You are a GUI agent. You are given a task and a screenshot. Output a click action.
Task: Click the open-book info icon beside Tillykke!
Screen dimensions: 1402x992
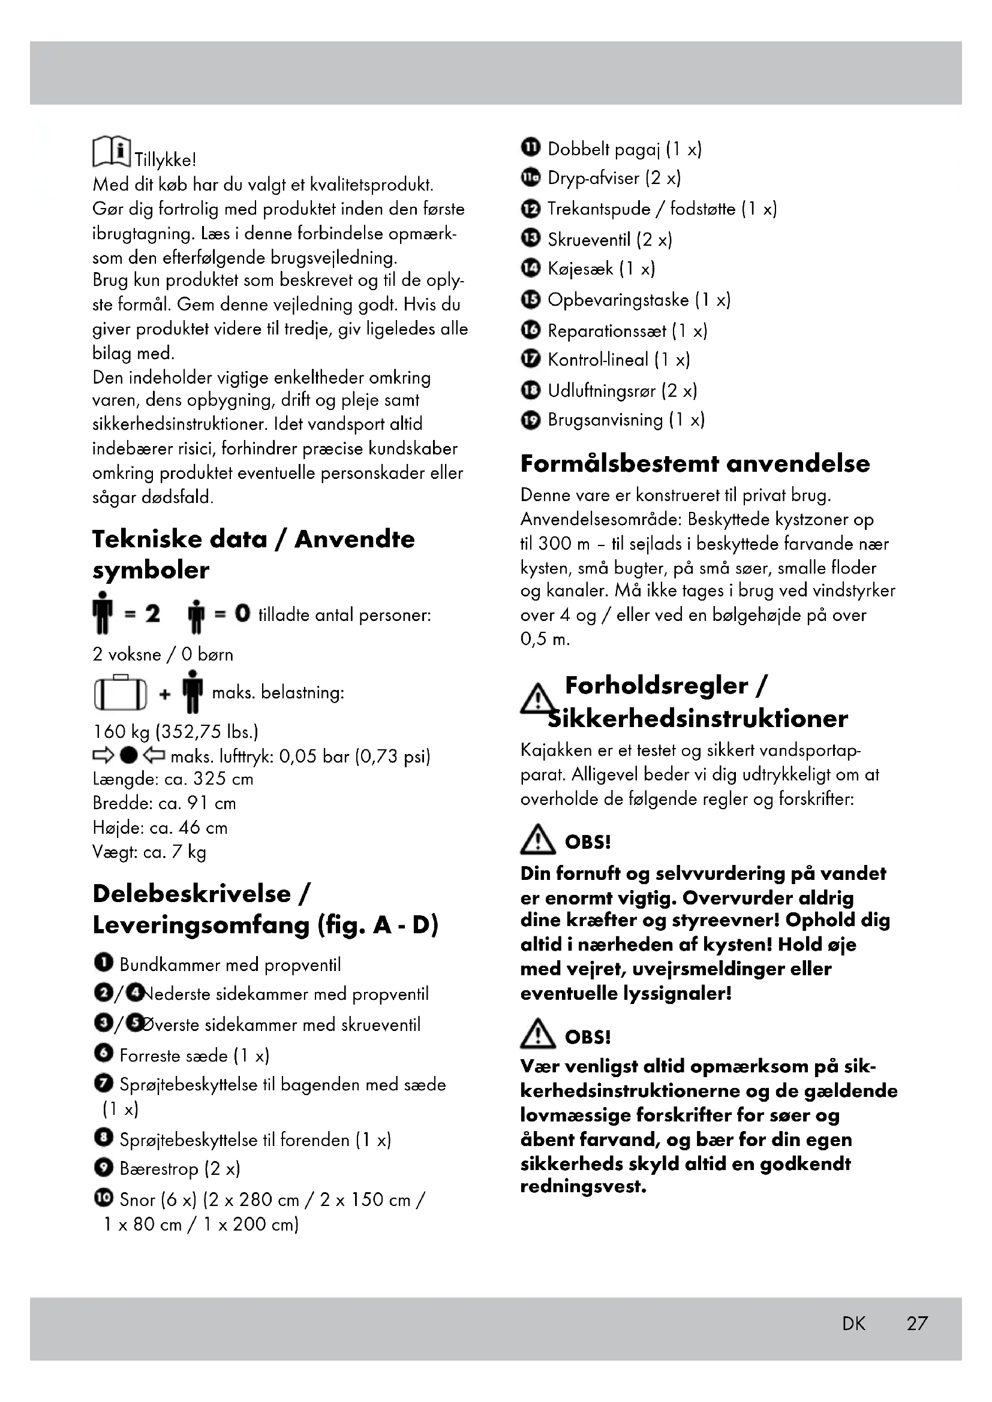coord(111,151)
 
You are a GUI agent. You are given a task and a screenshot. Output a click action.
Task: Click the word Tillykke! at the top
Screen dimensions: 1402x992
coord(165,160)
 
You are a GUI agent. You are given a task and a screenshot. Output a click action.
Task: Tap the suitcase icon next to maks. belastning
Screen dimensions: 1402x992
coord(121,694)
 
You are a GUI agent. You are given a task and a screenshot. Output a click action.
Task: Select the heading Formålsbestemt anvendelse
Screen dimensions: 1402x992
coord(695,463)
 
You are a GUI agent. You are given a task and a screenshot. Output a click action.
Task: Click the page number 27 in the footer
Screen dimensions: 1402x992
coord(917,1323)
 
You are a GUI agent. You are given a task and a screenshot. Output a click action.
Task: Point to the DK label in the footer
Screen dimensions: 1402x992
coord(853,1323)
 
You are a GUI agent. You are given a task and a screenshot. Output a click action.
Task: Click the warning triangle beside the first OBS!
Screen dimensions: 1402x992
coord(536,840)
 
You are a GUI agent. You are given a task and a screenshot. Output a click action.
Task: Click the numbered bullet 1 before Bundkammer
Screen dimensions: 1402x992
coord(103,963)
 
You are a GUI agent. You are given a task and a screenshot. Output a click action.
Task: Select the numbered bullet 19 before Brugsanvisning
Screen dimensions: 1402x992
coord(530,420)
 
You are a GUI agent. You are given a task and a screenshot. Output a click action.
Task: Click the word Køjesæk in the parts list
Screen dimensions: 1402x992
coord(580,269)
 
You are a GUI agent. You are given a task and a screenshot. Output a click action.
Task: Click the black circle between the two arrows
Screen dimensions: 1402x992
coord(128,755)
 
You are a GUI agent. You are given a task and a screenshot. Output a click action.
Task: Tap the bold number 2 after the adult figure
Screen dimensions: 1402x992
coord(152,613)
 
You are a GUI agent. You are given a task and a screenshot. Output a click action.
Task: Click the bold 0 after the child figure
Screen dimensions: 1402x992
coord(242,613)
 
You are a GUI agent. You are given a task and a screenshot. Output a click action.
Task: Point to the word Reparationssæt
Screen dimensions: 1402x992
coord(606,331)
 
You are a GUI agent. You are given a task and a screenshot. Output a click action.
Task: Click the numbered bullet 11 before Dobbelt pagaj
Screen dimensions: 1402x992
coord(530,147)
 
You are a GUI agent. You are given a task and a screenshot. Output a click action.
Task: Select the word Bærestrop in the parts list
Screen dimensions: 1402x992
coord(159,1169)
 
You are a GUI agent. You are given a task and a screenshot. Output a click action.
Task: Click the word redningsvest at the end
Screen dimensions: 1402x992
coord(582,1187)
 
